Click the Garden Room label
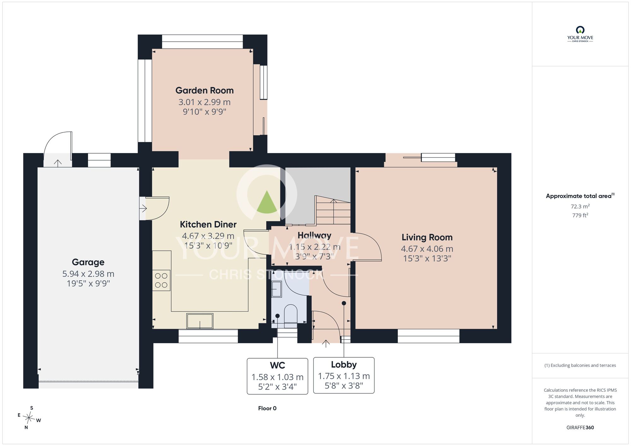pyautogui.click(x=204, y=91)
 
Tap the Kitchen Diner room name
pyautogui.click(x=208, y=225)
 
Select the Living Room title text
pyautogui.click(x=427, y=237)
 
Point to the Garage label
pyautogui.click(x=88, y=262)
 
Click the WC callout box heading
pyautogui.click(x=278, y=365)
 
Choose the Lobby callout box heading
pyautogui.click(x=344, y=365)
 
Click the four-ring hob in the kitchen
pyautogui.click(x=161, y=280)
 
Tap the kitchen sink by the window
pyautogui.click(x=200, y=321)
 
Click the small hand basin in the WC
pyautogui.click(x=276, y=289)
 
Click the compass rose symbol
pyautogui.click(x=29, y=418)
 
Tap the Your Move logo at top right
pyautogui.click(x=580, y=34)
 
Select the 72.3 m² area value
pyautogui.click(x=580, y=206)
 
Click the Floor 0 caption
pyautogui.click(x=267, y=408)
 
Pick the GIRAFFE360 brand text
pyautogui.click(x=580, y=428)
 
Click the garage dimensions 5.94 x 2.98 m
pyautogui.click(x=88, y=274)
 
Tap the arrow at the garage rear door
pyautogui.click(x=58, y=163)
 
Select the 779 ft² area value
pyautogui.click(x=580, y=215)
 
